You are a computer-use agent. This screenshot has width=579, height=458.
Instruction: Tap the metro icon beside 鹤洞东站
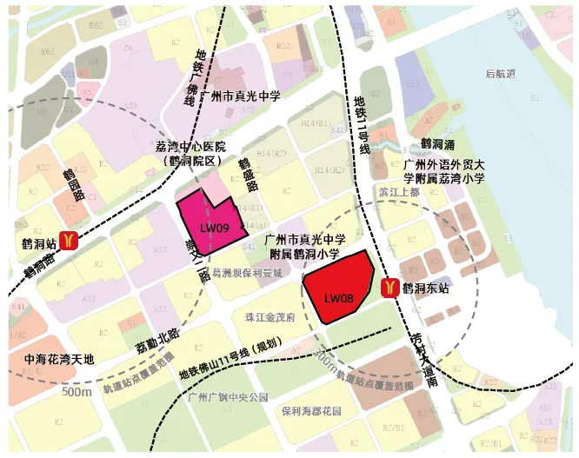click(x=389, y=286)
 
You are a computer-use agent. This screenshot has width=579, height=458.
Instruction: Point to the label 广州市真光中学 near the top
click(x=240, y=96)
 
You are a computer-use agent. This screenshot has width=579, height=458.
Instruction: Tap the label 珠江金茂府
click(x=270, y=319)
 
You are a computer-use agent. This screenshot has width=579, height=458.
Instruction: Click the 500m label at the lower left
click(x=76, y=393)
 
